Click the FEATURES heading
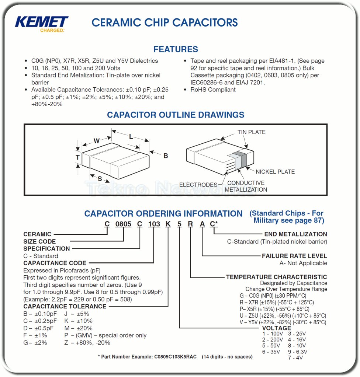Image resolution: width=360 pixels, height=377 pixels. pos(176,49)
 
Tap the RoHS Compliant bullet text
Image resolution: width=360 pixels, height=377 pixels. pos(213,90)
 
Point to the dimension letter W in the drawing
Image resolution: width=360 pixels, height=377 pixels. pos(97,140)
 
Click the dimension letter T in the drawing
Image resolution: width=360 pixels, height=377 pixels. pos(77,157)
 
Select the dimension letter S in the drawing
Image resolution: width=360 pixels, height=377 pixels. pos(100,179)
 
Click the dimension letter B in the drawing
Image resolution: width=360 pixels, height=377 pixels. pos(166,156)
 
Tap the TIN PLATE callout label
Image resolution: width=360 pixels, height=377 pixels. pos(251,132)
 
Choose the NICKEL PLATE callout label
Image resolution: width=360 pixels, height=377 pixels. pos(275,171)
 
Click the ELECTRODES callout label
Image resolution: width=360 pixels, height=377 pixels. pos(198,185)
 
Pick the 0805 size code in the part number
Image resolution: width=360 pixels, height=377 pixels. pos(123,224)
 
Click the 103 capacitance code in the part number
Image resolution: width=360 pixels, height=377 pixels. pos(154,224)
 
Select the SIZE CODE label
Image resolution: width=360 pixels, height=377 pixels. pos(39,241)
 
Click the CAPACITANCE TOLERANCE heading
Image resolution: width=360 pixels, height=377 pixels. pos(65,306)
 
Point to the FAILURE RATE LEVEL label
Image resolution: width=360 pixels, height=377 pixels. pos(294,256)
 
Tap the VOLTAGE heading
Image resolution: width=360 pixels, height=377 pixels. pos(276,328)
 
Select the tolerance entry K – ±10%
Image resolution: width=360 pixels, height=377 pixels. pos(78,321)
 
